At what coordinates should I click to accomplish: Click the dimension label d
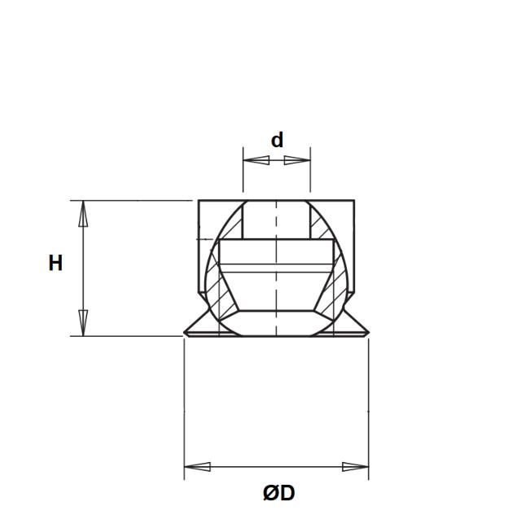point(277,140)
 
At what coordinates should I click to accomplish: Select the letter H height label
point(55,264)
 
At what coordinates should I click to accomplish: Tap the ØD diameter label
point(278,493)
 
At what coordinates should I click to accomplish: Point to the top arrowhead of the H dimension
point(82,214)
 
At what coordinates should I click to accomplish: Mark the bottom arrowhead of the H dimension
point(82,322)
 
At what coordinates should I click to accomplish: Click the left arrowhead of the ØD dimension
point(198,467)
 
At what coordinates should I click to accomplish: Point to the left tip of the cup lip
point(186,332)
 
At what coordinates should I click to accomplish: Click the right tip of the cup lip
point(368,332)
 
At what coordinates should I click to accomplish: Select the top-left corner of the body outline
point(199,200)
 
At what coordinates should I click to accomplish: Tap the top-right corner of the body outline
point(354,200)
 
